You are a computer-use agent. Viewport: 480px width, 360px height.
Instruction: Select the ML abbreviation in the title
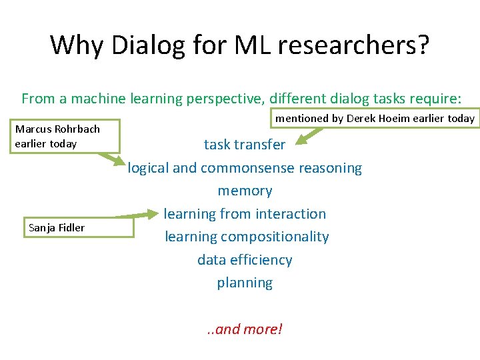[248, 45]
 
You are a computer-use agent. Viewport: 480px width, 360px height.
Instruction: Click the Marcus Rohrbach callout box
[65, 136]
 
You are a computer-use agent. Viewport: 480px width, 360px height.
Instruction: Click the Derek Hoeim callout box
[375, 119]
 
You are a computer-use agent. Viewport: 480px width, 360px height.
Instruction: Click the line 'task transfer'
[245, 145]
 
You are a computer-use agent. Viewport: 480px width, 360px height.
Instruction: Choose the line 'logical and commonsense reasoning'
[245, 168]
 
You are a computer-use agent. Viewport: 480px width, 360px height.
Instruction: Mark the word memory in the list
[245, 191]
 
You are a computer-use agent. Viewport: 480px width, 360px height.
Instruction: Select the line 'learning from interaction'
[245, 214]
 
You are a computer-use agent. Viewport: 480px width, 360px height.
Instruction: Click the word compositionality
[275, 237]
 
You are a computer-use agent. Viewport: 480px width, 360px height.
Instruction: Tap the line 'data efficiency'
[245, 259]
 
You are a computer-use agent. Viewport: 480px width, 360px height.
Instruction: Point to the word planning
[245, 283]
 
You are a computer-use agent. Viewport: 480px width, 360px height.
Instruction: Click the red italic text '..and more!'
[245, 329]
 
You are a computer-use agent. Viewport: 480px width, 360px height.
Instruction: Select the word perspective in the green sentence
[225, 99]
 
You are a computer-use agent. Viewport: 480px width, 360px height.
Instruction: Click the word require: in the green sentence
[434, 99]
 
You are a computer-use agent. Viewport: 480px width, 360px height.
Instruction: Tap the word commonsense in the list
[252, 168]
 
